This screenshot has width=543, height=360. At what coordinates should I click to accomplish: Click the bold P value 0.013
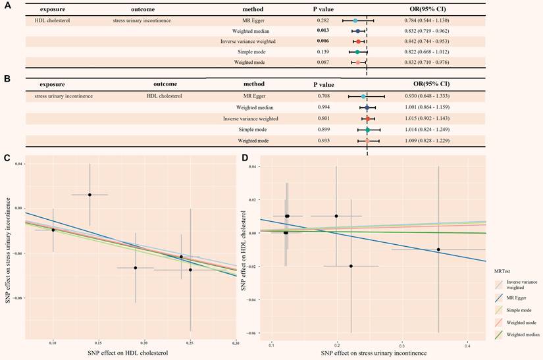click(323, 31)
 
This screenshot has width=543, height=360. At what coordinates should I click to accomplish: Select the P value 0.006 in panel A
click(323, 41)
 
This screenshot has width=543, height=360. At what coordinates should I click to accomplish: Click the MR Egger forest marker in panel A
click(355, 21)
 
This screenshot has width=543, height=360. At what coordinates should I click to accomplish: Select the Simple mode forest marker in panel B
click(368, 130)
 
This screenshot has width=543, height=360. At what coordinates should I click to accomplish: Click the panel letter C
click(6, 158)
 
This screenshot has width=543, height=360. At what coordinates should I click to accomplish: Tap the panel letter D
click(245, 158)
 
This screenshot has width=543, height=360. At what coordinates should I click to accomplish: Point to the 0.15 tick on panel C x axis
click(98, 343)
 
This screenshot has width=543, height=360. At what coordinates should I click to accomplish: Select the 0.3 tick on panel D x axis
click(401, 345)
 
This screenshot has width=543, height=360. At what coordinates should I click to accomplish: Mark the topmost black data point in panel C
click(90, 195)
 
